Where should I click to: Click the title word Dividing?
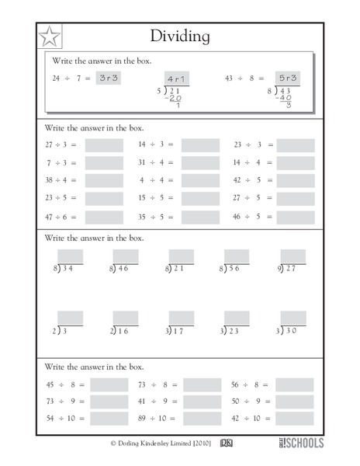(180, 37)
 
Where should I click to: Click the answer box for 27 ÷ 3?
(104, 145)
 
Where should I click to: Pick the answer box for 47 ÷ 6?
(104, 217)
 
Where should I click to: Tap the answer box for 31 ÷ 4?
(200, 163)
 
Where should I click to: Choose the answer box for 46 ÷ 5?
(296, 217)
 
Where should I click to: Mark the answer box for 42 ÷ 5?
(296, 181)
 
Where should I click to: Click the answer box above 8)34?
(69, 256)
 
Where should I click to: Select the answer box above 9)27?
(293, 256)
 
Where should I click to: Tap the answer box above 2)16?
(126, 318)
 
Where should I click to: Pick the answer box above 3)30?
(293, 318)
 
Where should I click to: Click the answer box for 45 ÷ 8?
(109, 384)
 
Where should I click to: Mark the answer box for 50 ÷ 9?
(294, 402)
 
